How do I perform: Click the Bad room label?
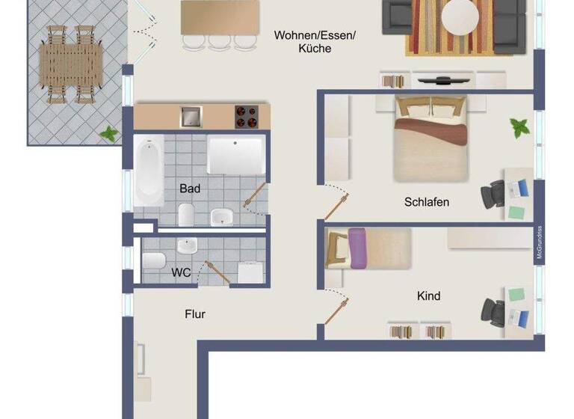point(190,189)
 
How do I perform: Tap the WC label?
point(181,272)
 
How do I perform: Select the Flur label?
point(195,314)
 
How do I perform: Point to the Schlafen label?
point(427,202)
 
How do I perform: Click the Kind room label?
point(428,296)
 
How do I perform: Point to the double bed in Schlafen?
point(432,138)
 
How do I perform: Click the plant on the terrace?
point(109,135)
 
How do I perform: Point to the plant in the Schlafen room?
point(519,126)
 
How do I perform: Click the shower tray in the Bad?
point(235,155)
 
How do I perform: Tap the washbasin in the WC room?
point(187,245)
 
